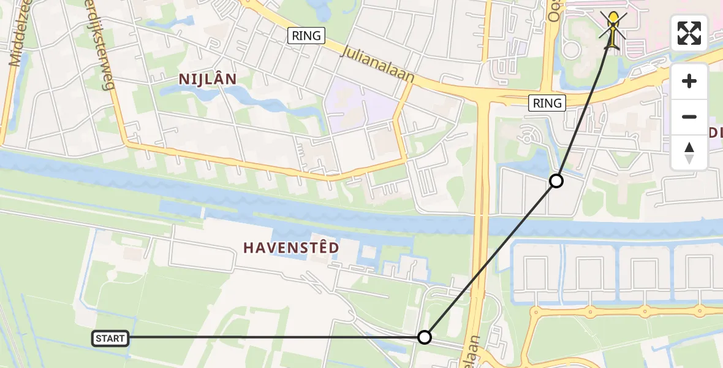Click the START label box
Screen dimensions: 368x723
[110, 338]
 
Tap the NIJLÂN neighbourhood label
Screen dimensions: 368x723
[208, 79]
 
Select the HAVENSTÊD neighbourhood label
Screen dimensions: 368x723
[291, 248]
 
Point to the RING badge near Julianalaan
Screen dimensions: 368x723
[306, 36]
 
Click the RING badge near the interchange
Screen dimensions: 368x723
[547, 103]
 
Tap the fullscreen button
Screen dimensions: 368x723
[689, 33]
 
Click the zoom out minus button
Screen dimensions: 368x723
[689, 117]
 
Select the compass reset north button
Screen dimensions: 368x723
[689, 153]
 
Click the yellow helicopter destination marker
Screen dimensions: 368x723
[613, 29]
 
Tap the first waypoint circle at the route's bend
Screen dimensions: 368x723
[425, 337]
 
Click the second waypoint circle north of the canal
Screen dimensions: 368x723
[556, 181]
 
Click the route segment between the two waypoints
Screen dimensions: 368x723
[490, 259]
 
